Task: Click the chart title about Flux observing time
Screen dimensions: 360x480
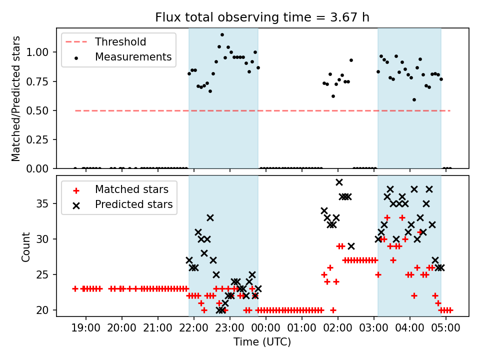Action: tap(262, 17)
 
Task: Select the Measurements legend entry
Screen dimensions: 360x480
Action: tap(133, 57)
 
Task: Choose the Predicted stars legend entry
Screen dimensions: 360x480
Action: tap(133, 204)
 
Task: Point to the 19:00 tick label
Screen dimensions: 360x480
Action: tap(86, 329)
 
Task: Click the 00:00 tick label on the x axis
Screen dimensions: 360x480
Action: tap(266, 329)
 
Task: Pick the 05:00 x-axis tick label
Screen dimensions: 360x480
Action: tap(446, 329)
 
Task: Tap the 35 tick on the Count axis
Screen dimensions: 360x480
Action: tap(45, 203)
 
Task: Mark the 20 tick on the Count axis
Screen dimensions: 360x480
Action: tap(45, 310)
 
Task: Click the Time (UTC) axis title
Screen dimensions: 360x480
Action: tap(262, 342)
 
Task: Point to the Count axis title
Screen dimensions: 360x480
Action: tap(25, 246)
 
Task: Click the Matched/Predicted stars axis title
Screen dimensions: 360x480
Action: tap(16, 98)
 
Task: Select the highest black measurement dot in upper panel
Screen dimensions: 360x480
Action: tap(222, 35)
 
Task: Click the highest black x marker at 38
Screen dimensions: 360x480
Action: tap(339, 182)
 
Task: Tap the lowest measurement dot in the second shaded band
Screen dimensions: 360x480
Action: tap(414, 99)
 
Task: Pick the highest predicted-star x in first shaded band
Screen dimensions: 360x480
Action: tap(210, 217)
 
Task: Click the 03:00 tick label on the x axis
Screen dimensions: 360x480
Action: tap(374, 329)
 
